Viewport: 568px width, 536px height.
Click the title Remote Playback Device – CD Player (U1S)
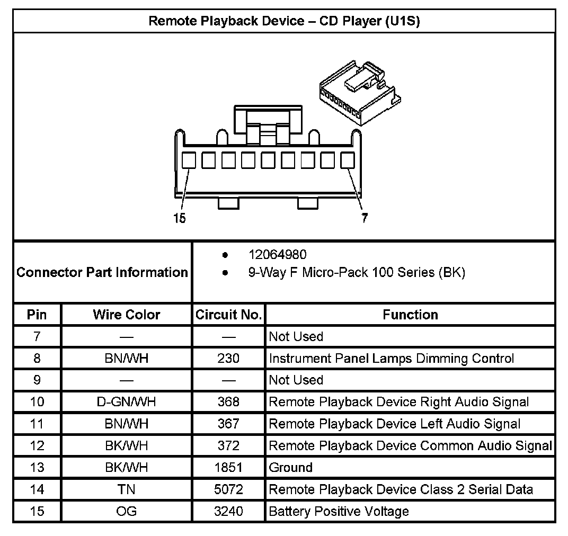tap(284, 21)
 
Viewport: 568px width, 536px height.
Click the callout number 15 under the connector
tap(180, 218)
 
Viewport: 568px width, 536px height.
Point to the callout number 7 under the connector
tap(365, 218)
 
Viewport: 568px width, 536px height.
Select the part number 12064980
tap(277, 255)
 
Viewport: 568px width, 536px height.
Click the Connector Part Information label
tap(102, 272)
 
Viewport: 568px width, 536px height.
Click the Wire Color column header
tap(126, 315)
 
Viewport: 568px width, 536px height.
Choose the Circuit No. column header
tap(228, 315)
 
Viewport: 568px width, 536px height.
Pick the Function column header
tap(410, 315)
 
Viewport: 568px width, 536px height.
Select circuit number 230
tap(228, 359)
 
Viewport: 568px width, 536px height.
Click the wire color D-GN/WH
tap(126, 402)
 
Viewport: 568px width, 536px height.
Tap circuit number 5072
tap(228, 489)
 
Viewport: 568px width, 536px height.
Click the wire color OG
tap(126, 511)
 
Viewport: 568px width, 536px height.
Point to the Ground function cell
tap(291, 468)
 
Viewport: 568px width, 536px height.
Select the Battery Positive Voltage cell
tap(339, 511)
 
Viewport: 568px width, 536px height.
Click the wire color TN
tap(126, 489)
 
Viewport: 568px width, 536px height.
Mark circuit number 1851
tap(228, 468)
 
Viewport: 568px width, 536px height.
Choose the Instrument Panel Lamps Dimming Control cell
tap(392, 359)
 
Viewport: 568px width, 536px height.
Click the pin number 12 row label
tap(37, 446)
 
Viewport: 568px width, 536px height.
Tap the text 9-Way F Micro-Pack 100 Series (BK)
tap(357, 273)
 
